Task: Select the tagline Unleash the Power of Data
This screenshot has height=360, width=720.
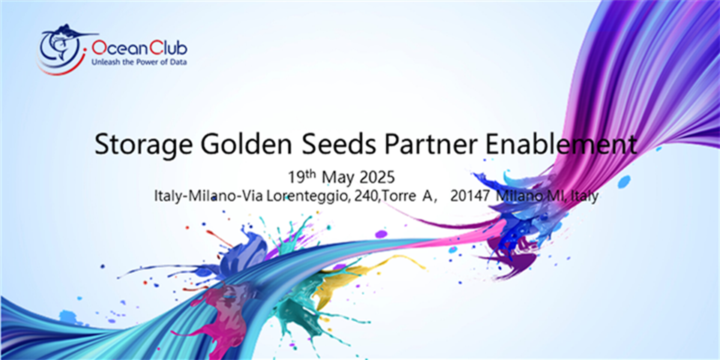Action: (139, 62)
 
